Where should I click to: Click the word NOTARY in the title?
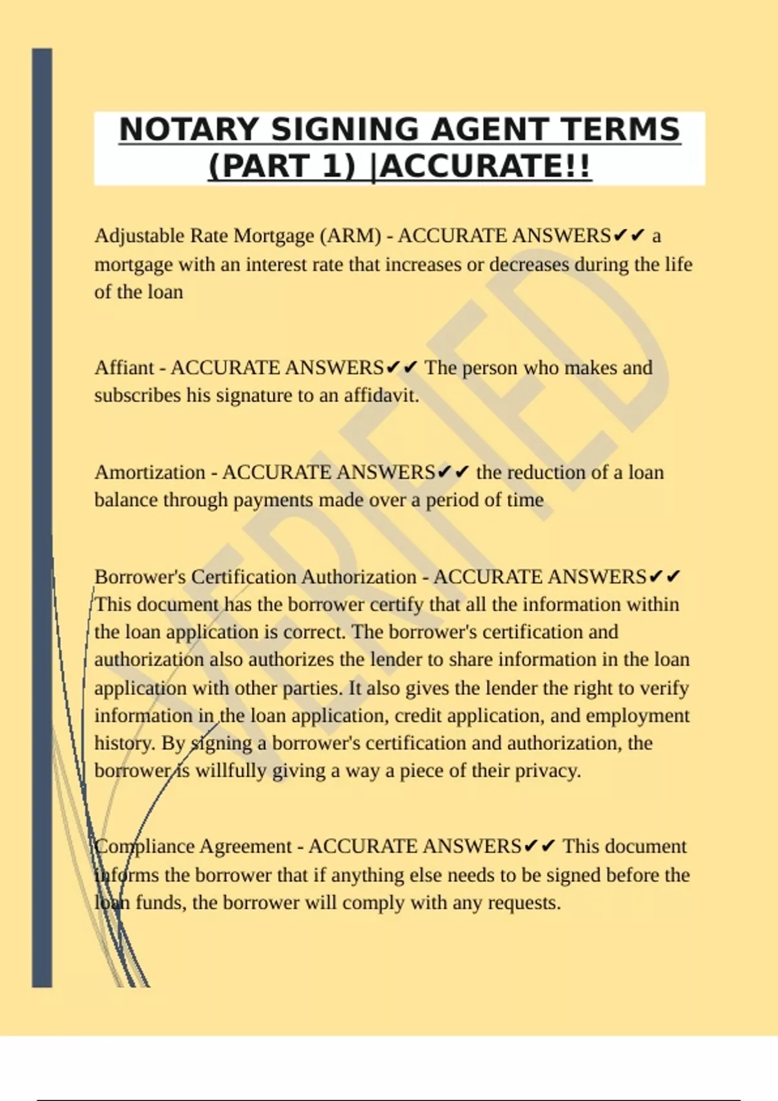(189, 130)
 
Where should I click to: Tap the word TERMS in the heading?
(621, 130)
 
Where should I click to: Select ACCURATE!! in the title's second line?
(486, 166)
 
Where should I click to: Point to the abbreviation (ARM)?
(351, 236)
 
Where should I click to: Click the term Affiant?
(124, 368)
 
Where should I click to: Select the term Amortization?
(150, 472)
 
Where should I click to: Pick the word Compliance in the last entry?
(144, 846)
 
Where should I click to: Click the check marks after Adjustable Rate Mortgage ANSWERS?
(629, 235)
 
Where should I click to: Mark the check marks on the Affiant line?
(402, 368)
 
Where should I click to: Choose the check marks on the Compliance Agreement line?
(539, 846)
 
